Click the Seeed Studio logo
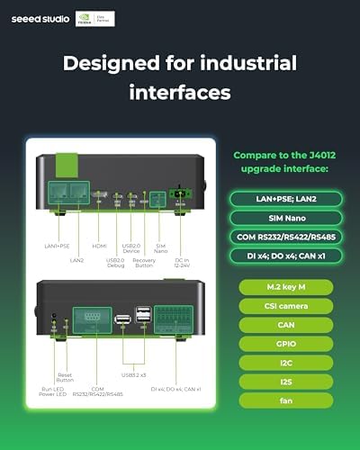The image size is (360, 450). tap(38, 15)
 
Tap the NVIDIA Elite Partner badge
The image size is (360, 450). tap(94, 15)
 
